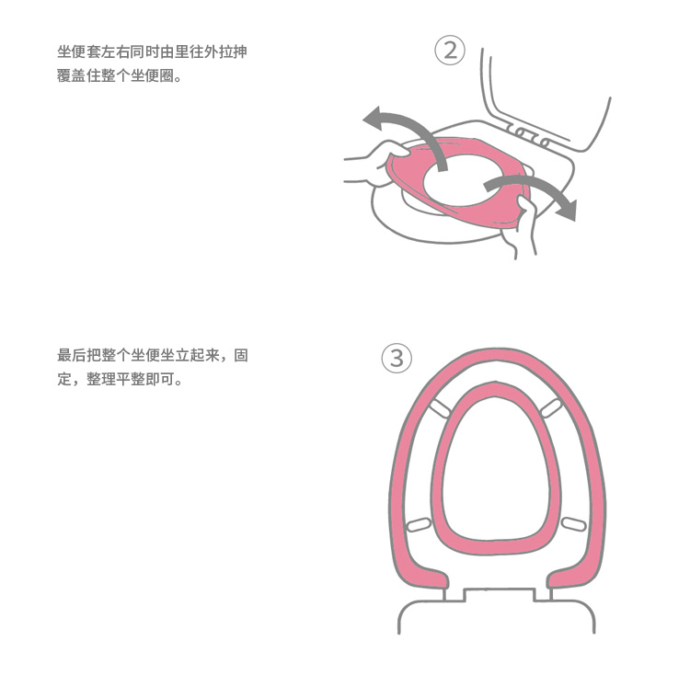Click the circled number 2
click(450, 51)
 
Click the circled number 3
click(397, 359)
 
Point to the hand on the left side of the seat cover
click(368, 166)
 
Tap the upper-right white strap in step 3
click(551, 406)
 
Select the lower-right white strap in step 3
click(572, 523)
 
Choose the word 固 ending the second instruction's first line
click(240, 356)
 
